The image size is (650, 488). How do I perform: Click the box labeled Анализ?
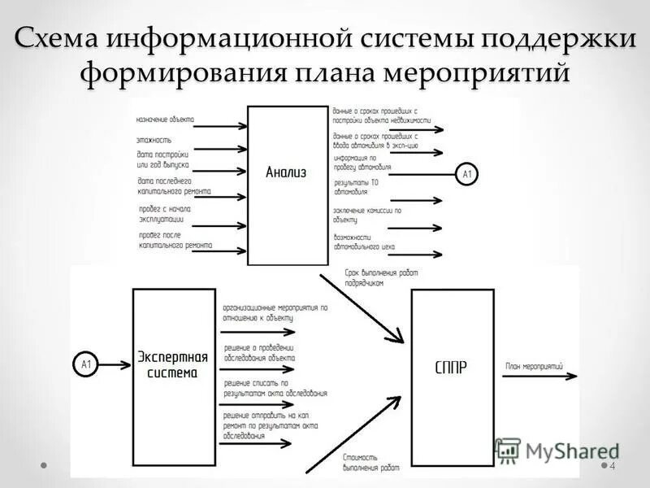(286, 185)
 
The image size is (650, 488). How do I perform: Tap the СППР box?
(452, 377)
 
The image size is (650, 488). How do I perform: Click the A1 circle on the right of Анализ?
(467, 174)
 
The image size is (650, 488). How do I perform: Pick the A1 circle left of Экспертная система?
(85, 365)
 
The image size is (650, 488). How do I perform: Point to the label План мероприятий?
(534, 367)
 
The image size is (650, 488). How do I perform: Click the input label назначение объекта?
(165, 120)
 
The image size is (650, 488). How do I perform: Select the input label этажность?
(154, 140)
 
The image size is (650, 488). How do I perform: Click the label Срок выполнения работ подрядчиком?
(380, 277)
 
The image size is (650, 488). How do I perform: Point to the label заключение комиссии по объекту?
(366, 215)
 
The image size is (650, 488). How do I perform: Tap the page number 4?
(612, 465)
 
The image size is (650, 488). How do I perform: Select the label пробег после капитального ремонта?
(175, 239)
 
